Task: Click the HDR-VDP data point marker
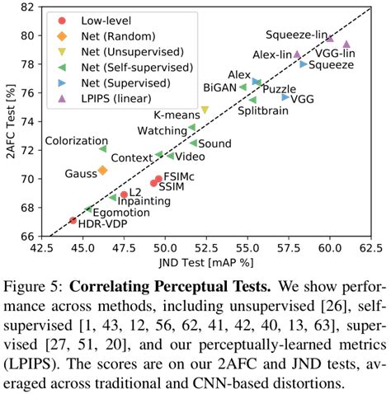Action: pyautogui.click(x=73, y=220)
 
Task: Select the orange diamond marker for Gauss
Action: pyautogui.click(x=102, y=170)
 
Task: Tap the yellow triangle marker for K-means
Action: pyautogui.click(x=205, y=110)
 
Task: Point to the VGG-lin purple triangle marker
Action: pyautogui.click(x=346, y=45)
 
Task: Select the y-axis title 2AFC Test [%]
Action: pyautogui.click(x=10, y=121)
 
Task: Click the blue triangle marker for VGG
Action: pyautogui.click(x=285, y=97)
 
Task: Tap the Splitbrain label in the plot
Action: pyautogui.click(x=263, y=111)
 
